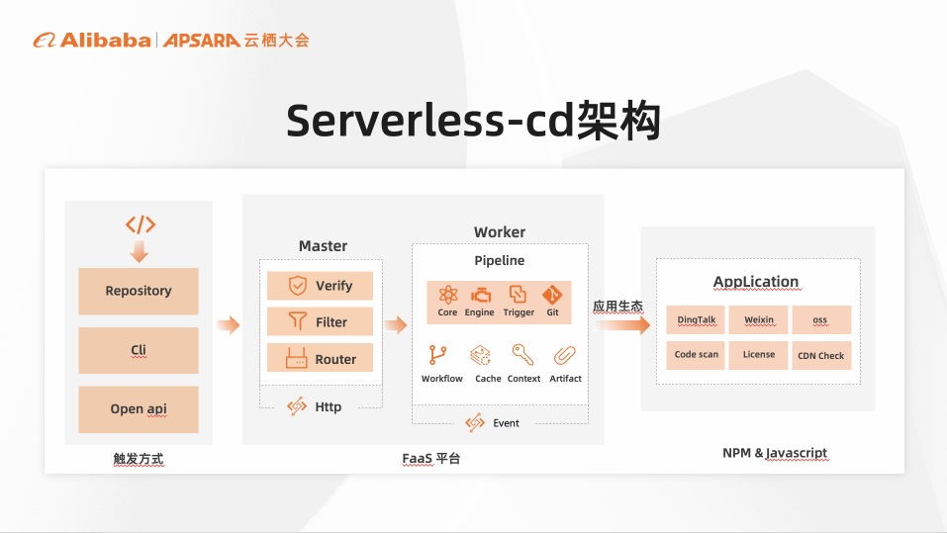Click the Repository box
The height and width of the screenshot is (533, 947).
pyautogui.click(x=139, y=291)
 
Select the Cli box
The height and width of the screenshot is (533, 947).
pyautogui.click(x=139, y=350)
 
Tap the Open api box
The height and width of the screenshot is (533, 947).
pyautogui.click(x=139, y=408)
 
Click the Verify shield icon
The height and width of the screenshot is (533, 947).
pyautogui.click(x=297, y=286)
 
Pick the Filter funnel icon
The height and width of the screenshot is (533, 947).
pyautogui.click(x=297, y=321)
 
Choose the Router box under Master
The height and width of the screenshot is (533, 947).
pyautogui.click(x=320, y=359)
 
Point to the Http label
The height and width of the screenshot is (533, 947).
pyautogui.click(x=328, y=406)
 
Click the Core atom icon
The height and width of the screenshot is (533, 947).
pyautogui.click(x=447, y=295)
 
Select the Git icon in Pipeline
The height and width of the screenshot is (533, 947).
pyautogui.click(x=552, y=295)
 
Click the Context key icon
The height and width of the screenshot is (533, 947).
pyautogui.click(x=522, y=354)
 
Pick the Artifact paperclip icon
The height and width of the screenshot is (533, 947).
pyautogui.click(x=565, y=355)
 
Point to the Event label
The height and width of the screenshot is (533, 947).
pyautogui.click(x=506, y=422)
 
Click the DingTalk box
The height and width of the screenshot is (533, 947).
pyautogui.click(x=697, y=319)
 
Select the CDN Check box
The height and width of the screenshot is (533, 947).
pyautogui.click(x=821, y=355)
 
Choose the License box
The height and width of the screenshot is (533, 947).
pyautogui.click(x=759, y=355)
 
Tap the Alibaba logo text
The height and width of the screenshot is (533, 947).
pyautogui.click(x=105, y=40)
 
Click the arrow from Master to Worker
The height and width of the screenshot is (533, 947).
pyautogui.click(x=397, y=325)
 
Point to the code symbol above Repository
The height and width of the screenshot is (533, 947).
pyautogui.click(x=140, y=224)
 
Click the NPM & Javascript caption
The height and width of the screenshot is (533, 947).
pyautogui.click(x=775, y=453)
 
